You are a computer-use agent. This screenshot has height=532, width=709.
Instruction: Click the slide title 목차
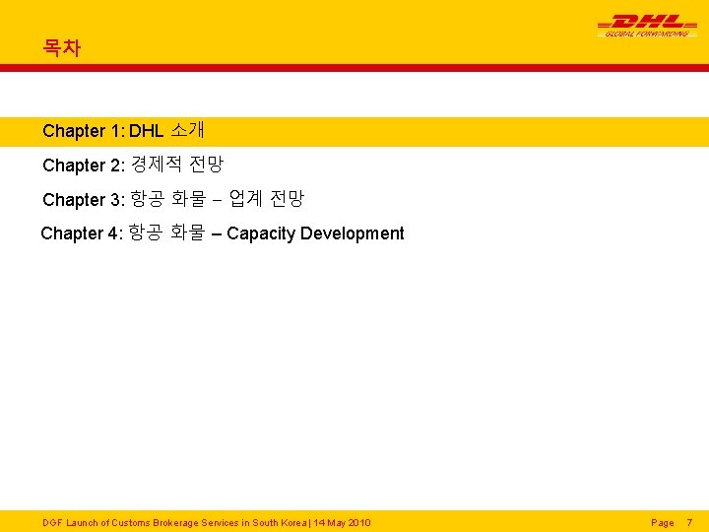(x=61, y=47)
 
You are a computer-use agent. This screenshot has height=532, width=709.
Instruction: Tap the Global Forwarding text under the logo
(x=646, y=33)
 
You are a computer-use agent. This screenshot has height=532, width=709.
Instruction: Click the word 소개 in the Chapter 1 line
(x=187, y=130)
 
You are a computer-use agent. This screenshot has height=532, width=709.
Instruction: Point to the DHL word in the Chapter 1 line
(x=146, y=131)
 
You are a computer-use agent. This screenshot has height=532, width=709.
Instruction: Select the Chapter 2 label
(x=84, y=166)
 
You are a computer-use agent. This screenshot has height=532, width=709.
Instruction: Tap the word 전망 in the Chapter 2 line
(x=207, y=165)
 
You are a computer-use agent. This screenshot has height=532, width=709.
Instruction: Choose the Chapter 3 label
(x=84, y=200)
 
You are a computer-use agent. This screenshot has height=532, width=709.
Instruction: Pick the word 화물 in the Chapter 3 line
(x=188, y=199)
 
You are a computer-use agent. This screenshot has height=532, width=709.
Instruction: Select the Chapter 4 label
(x=82, y=233)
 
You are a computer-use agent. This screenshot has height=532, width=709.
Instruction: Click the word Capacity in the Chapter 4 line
(x=261, y=233)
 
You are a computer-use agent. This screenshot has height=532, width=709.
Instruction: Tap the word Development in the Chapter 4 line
(x=352, y=233)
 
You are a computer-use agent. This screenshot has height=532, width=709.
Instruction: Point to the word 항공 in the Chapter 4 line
(x=146, y=233)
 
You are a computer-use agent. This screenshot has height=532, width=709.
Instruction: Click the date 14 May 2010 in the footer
(x=341, y=522)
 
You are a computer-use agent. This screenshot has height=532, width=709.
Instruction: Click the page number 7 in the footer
(x=689, y=522)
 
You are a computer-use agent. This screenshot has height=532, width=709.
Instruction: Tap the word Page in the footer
(x=663, y=522)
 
